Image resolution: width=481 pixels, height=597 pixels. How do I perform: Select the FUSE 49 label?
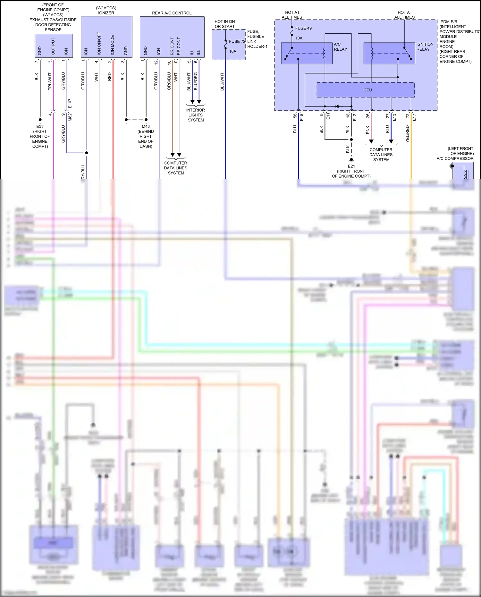[x=303, y=28]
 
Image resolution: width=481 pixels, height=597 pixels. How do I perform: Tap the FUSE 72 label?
[x=237, y=41]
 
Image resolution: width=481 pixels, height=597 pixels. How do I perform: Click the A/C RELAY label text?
[x=340, y=47]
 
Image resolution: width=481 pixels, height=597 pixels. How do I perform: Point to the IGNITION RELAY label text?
[x=425, y=47]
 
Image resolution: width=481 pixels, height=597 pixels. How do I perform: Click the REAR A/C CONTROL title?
[x=172, y=13]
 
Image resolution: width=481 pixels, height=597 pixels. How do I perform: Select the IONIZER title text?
[x=106, y=13]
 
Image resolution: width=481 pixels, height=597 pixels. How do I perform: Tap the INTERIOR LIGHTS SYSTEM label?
[x=196, y=115]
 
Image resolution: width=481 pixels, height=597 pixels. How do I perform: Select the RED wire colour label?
[x=110, y=76]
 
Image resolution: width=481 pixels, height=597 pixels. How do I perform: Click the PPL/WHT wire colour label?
[x=50, y=81]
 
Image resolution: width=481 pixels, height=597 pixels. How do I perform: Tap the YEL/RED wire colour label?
[x=407, y=134]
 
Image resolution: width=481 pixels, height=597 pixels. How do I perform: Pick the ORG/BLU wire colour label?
[x=169, y=81]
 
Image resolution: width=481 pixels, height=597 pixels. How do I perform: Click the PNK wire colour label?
[x=368, y=130]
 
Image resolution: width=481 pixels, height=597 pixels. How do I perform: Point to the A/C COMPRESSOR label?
[x=455, y=158]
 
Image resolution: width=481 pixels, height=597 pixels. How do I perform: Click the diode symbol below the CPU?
[x=337, y=106]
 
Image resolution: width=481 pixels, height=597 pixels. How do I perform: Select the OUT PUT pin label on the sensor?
[x=53, y=47]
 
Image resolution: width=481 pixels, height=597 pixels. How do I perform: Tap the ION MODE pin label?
[x=113, y=45]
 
